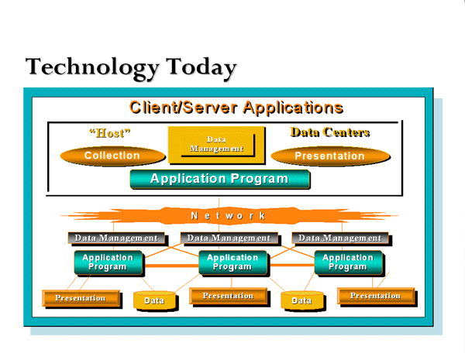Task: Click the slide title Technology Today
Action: [131, 67]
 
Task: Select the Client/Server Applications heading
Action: [236, 107]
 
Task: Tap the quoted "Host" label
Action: [109, 133]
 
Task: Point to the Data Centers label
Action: [329, 132]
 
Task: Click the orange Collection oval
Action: [112, 156]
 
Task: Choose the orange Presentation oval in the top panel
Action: [329, 156]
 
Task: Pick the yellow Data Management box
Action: [216, 145]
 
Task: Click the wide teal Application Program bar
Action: [219, 180]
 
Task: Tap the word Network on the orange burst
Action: [229, 215]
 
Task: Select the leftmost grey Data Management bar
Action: [115, 238]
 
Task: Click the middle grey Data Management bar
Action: [229, 238]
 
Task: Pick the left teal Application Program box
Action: [108, 262]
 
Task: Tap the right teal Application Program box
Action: [348, 262]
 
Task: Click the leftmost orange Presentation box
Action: [81, 298]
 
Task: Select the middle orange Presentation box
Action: [228, 296]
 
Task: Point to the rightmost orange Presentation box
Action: [375, 296]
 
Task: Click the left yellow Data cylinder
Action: [154, 300]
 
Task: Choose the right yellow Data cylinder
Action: [301, 300]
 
